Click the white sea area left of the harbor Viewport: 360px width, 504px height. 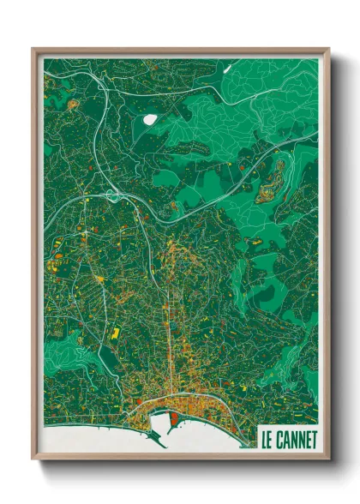pyautogui.click(x=94, y=437)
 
